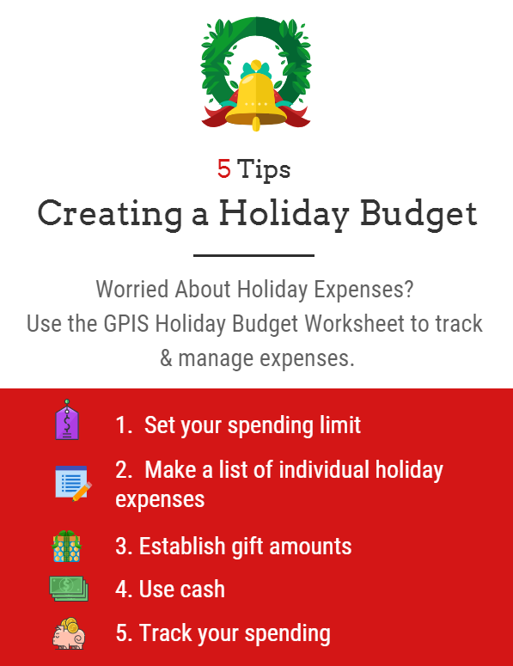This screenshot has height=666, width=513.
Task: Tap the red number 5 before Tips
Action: pyautogui.click(x=223, y=169)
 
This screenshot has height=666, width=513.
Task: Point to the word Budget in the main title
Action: pyautogui.click(x=418, y=214)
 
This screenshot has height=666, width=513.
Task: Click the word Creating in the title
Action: pyautogui.click(x=110, y=215)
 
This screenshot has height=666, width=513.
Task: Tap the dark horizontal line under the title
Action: pyautogui.click(x=254, y=255)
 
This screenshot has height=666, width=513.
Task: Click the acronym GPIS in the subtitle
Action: pyautogui.click(x=126, y=324)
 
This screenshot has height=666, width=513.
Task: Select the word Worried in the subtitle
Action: pyautogui.click(x=132, y=290)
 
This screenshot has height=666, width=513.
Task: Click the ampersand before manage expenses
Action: pyautogui.click(x=166, y=358)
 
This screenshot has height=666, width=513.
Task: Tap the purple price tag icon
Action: pyautogui.click(x=67, y=419)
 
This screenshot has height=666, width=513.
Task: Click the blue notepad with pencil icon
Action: pyautogui.click(x=73, y=483)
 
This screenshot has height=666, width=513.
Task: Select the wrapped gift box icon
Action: pyautogui.click(x=67, y=547)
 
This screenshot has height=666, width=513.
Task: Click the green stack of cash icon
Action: pyautogui.click(x=69, y=589)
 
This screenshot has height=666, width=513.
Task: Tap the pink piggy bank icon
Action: pyautogui.click(x=69, y=633)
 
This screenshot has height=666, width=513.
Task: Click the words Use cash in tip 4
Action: pyautogui.click(x=182, y=590)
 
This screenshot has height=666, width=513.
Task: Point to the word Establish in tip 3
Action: pyautogui.click(x=182, y=546)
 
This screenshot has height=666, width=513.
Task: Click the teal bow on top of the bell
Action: pyautogui.click(x=256, y=70)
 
